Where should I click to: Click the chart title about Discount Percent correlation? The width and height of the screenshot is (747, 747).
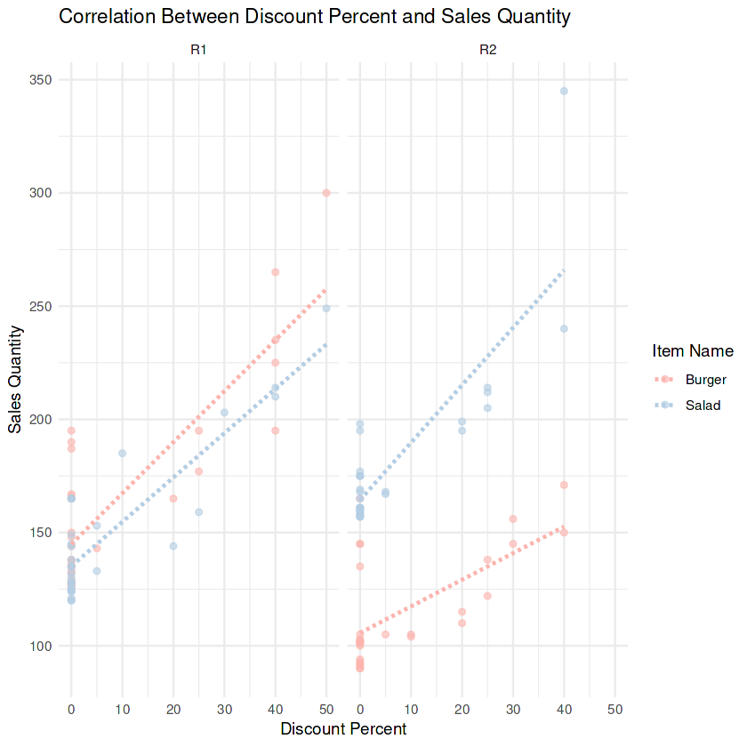coord(314,17)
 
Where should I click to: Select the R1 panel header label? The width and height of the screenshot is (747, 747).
coord(199,51)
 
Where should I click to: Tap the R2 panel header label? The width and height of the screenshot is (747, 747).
coord(488,51)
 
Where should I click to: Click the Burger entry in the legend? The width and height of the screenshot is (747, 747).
coord(705,380)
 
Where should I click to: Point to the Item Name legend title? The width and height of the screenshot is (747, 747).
coord(692,350)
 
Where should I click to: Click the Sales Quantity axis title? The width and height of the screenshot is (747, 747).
coord(16,379)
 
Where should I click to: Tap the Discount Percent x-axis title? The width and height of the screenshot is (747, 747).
coord(343,729)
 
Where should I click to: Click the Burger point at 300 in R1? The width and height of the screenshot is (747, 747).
coord(326,193)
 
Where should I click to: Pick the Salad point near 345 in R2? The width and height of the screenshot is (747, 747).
coord(564,91)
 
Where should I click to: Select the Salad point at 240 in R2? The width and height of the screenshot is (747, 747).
coord(564,329)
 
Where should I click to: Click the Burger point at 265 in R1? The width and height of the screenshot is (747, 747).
coord(276,272)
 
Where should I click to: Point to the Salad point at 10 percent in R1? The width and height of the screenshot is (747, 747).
coord(122,454)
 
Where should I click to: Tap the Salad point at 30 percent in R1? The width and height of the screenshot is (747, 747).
coord(224,413)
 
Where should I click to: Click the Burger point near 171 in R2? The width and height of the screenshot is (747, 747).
coord(564,485)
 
